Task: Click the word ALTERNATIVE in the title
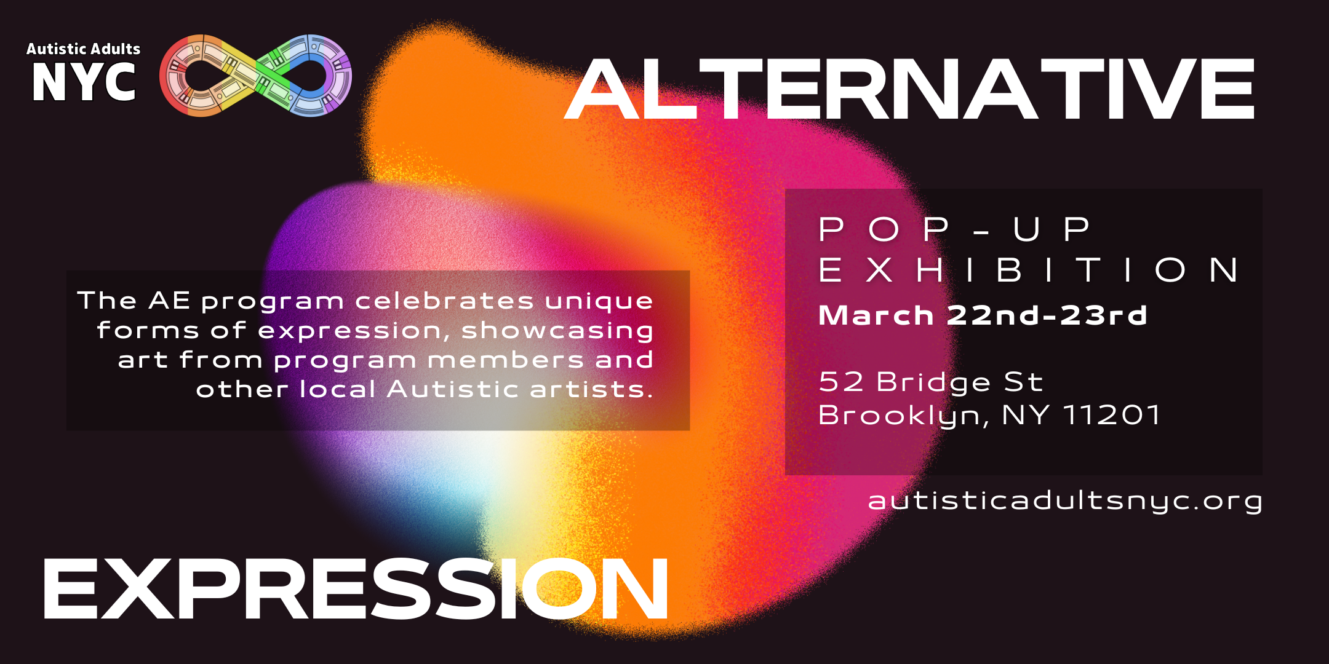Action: (909, 90)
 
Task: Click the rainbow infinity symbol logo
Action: (255, 76)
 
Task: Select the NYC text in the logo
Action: (84, 82)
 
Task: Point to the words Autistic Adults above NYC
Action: (84, 49)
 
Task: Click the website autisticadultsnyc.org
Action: (1065, 500)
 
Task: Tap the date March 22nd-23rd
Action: (983, 315)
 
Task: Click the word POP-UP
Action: (954, 229)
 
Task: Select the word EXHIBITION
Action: (1029, 271)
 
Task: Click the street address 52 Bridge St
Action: (931, 382)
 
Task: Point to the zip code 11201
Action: (1112, 415)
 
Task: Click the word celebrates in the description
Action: (444, 301)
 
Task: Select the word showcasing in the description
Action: (557, 330)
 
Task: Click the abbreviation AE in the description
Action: (169, 301)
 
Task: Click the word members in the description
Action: (505, 360)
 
